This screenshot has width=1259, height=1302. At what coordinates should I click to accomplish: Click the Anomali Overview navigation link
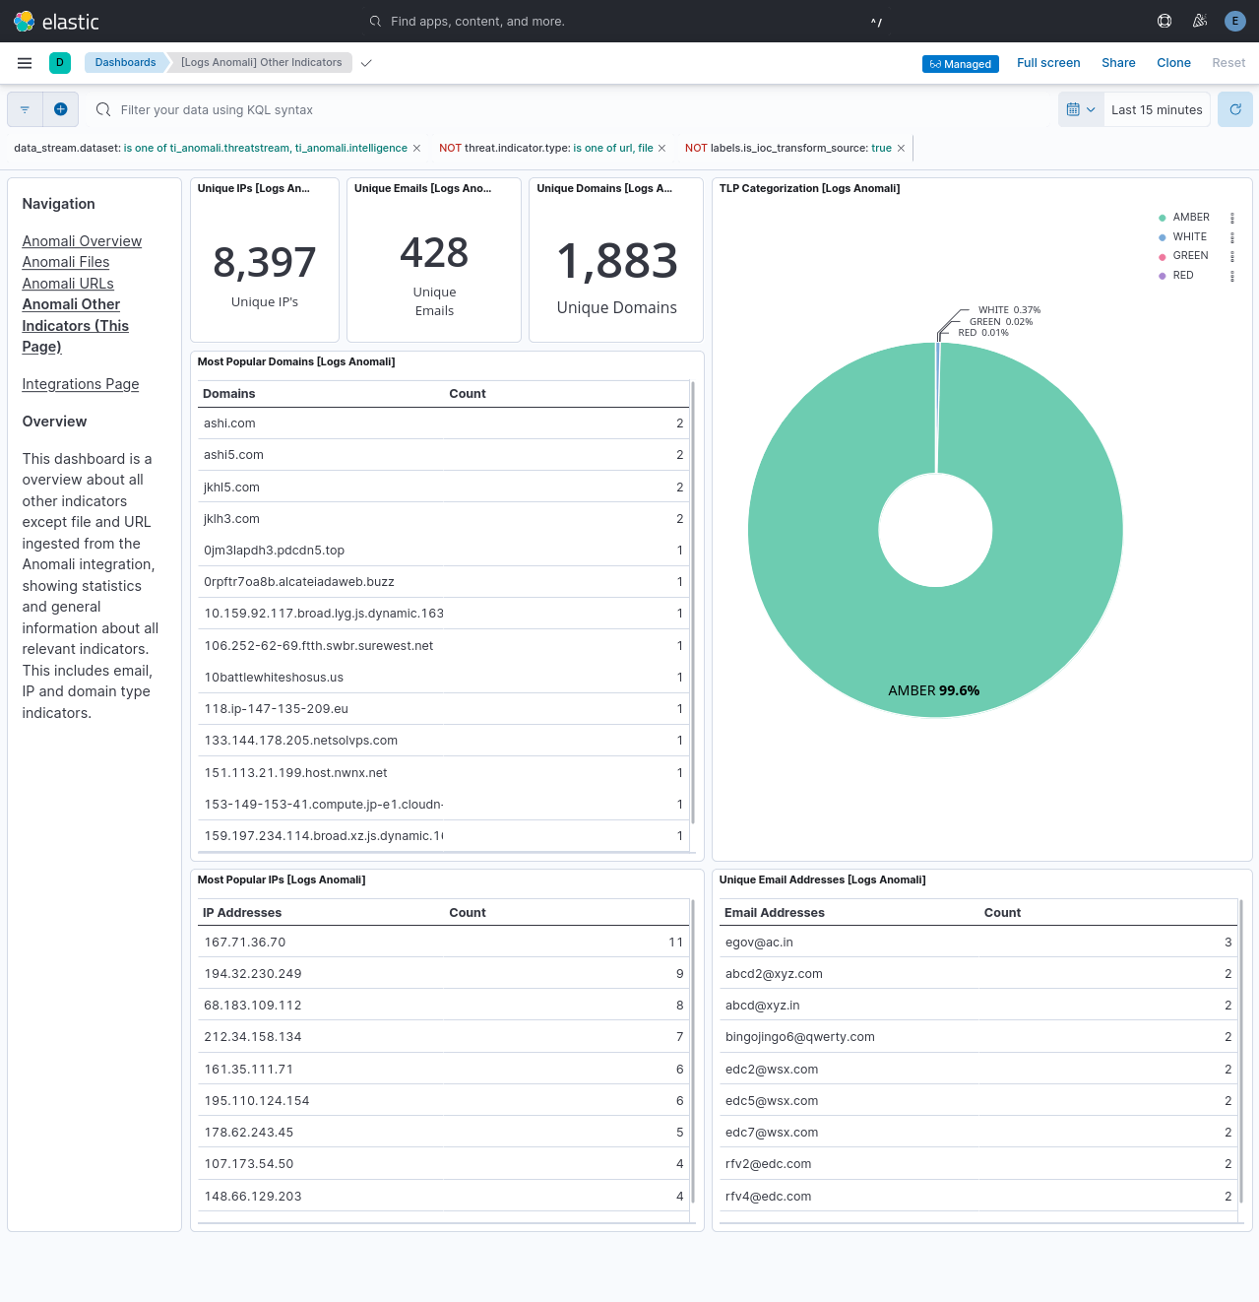pos(82,241)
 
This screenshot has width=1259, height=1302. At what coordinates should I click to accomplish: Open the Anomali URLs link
pos(68,284)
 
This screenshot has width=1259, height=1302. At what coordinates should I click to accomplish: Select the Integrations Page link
pos(81,384)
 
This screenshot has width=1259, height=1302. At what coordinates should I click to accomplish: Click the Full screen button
pos(1048,63)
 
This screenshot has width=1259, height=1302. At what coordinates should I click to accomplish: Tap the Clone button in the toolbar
pos(1173,63)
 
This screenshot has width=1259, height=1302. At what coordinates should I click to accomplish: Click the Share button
pos(1118,63)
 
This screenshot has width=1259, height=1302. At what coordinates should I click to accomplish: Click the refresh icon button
pos(1235,109)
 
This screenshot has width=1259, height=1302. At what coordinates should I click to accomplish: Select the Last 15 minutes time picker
pos(1157,110)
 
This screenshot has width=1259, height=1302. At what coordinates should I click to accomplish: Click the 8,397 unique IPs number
pos(265,263)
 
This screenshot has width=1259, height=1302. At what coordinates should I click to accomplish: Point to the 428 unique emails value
pos(434,253)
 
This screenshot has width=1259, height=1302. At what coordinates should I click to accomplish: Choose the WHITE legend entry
pos(1189,236)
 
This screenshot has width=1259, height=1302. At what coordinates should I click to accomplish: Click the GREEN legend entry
pos(1190,256)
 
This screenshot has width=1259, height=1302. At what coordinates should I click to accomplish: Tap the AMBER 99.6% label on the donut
pos(933,690)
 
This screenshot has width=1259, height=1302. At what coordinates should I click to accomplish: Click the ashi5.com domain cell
pos(233,455)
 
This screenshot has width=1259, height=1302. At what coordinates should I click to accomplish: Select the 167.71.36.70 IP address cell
pos(244,943)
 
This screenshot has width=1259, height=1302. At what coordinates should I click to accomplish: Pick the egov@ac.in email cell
pos(759,943)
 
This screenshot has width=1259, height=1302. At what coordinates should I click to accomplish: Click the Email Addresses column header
pos(775,913)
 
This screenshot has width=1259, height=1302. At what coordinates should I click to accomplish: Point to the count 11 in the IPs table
pos(675,943)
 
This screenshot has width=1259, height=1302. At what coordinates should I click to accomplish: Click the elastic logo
pos(56,21)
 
